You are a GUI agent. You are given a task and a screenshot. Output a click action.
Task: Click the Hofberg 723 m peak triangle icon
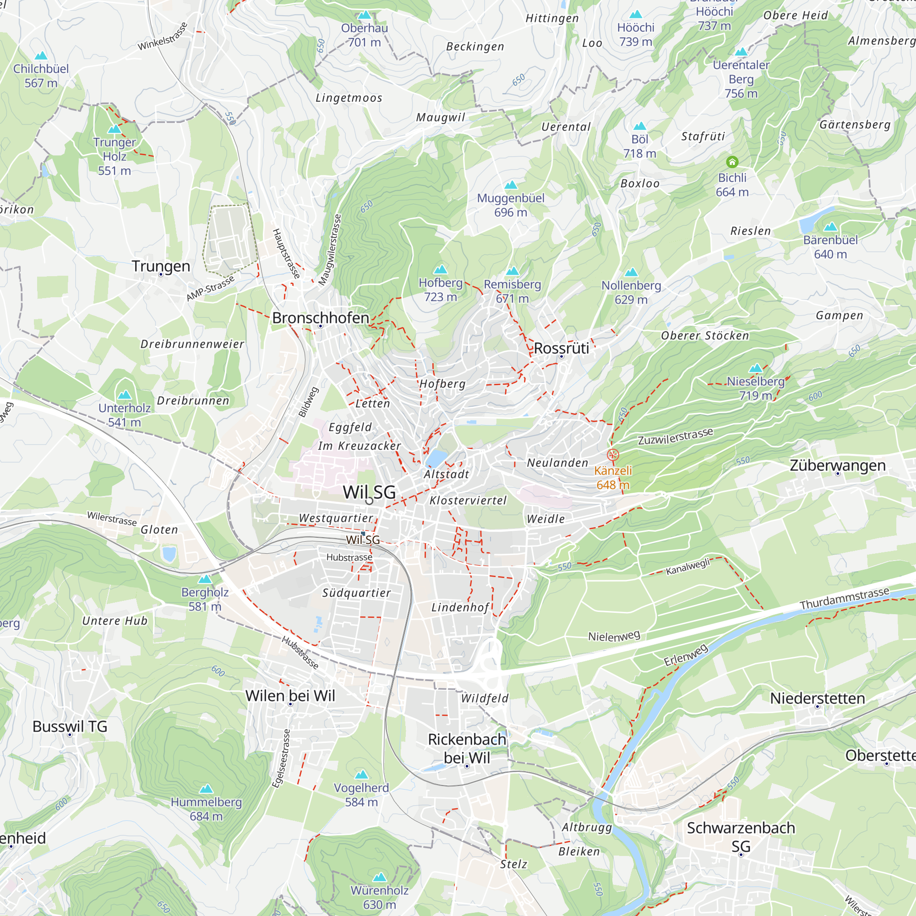point(441,269)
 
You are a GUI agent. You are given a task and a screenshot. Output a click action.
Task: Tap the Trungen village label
point(161,266)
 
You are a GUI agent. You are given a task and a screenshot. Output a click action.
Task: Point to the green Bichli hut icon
point(732,162)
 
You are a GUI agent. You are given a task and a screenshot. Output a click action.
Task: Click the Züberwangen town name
point(837,465)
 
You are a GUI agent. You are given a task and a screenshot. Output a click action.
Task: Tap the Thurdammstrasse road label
point(845,598)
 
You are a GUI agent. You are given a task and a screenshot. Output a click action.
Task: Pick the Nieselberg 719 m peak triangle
point(755,368)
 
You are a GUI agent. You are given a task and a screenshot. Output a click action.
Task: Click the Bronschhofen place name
point(321,318)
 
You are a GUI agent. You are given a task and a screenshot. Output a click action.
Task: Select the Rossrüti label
point(561,348)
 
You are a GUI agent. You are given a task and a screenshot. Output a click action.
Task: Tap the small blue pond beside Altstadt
point(436,458)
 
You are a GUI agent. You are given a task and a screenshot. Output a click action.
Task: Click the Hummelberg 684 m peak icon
point(206,789)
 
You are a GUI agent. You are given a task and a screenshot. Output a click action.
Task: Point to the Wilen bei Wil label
point(290,696)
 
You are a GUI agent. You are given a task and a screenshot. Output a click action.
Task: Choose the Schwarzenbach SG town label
point(741,837)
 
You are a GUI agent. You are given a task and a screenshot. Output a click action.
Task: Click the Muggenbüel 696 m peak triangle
point(511,185)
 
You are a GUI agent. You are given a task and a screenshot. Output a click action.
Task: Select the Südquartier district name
point(356,593)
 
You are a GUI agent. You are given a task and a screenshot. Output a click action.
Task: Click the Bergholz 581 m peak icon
point(205,579)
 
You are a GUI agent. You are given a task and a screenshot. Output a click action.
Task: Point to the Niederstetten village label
point(818,698)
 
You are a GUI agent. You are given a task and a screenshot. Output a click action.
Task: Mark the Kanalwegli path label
point(687,567)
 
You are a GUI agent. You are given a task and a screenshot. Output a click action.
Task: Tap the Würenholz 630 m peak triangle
point(379,877)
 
